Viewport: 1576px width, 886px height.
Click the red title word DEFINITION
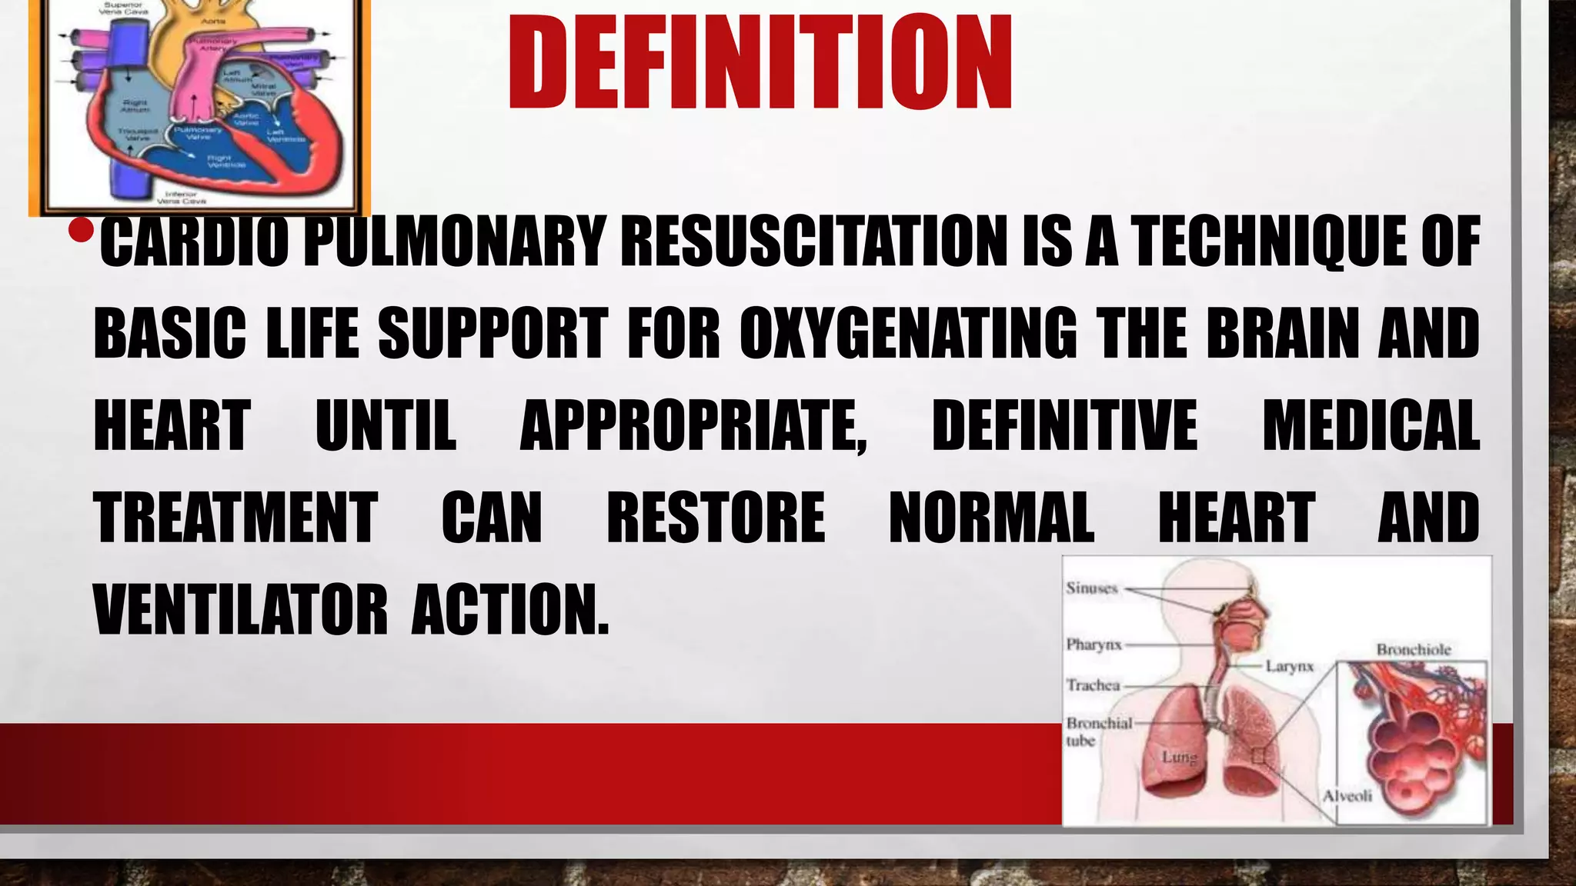760,63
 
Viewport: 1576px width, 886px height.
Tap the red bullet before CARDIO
80,230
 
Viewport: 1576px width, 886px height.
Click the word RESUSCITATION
814,241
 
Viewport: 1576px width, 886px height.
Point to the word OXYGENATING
909,334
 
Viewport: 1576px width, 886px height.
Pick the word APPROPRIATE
693,425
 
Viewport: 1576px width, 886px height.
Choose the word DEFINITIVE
1064,425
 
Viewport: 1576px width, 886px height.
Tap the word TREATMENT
235,518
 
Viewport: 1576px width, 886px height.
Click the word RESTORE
716,518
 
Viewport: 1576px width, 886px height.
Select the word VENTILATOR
240,610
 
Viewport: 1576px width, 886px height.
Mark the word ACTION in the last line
509,610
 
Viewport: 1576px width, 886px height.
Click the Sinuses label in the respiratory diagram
1091,588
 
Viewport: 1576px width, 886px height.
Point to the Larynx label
1289,666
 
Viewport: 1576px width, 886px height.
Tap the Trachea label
1093,684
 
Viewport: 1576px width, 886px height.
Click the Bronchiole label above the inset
1414,650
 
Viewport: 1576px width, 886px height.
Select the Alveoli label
1347,796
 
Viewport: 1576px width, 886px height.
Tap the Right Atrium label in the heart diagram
135,105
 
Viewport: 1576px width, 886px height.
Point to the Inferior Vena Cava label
182,198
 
